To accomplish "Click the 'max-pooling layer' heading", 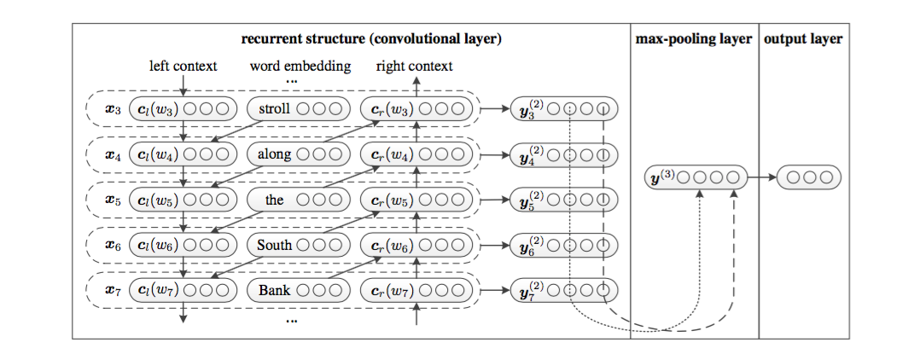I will pos(694,39).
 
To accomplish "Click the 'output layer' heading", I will pos(802,39).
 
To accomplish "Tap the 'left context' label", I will pos(183,66).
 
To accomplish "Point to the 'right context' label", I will pos(415,66).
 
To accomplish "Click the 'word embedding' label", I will pos(300,66).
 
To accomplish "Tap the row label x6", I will pos(110,245).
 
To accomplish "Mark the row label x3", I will pos(110,109).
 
